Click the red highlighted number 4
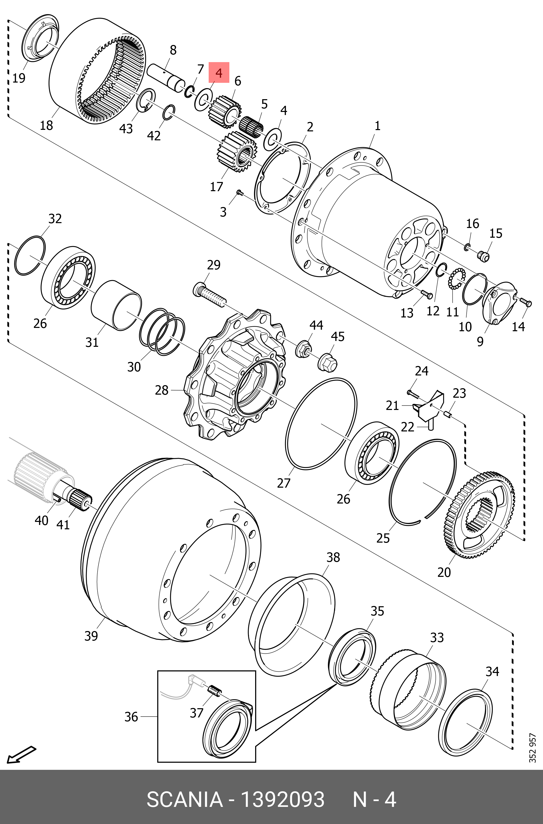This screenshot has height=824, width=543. tap(219, 73)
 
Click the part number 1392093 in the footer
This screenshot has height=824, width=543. tap(282, 799)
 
